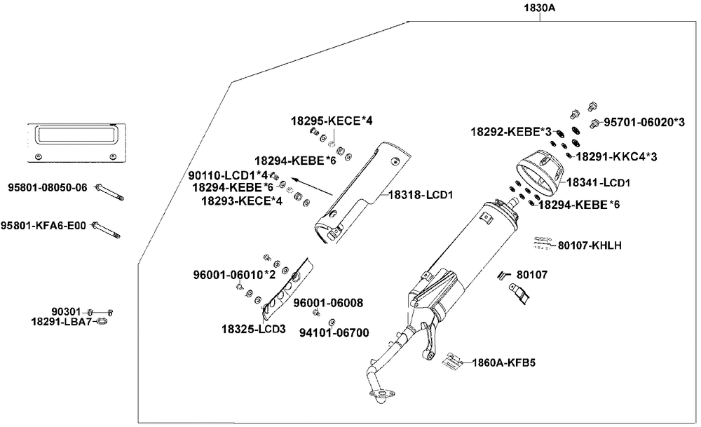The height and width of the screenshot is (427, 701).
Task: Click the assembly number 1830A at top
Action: [x=539, y=9]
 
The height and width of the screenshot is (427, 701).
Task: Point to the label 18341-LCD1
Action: [x=599, y=182]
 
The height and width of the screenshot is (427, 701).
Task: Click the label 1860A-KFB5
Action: [x=503, y=362]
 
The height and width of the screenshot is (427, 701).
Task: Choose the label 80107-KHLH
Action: [x=590, y=246]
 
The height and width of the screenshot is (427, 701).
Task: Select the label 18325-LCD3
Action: [x=254, y=329]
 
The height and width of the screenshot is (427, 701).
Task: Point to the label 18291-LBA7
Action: [x=62, y=321]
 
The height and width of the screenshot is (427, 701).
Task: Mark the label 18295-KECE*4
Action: [x=332, y=121]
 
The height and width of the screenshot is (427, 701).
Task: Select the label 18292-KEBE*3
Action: [x=511, y=131]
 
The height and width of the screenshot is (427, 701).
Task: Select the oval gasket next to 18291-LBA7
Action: [x=102, y=323]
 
